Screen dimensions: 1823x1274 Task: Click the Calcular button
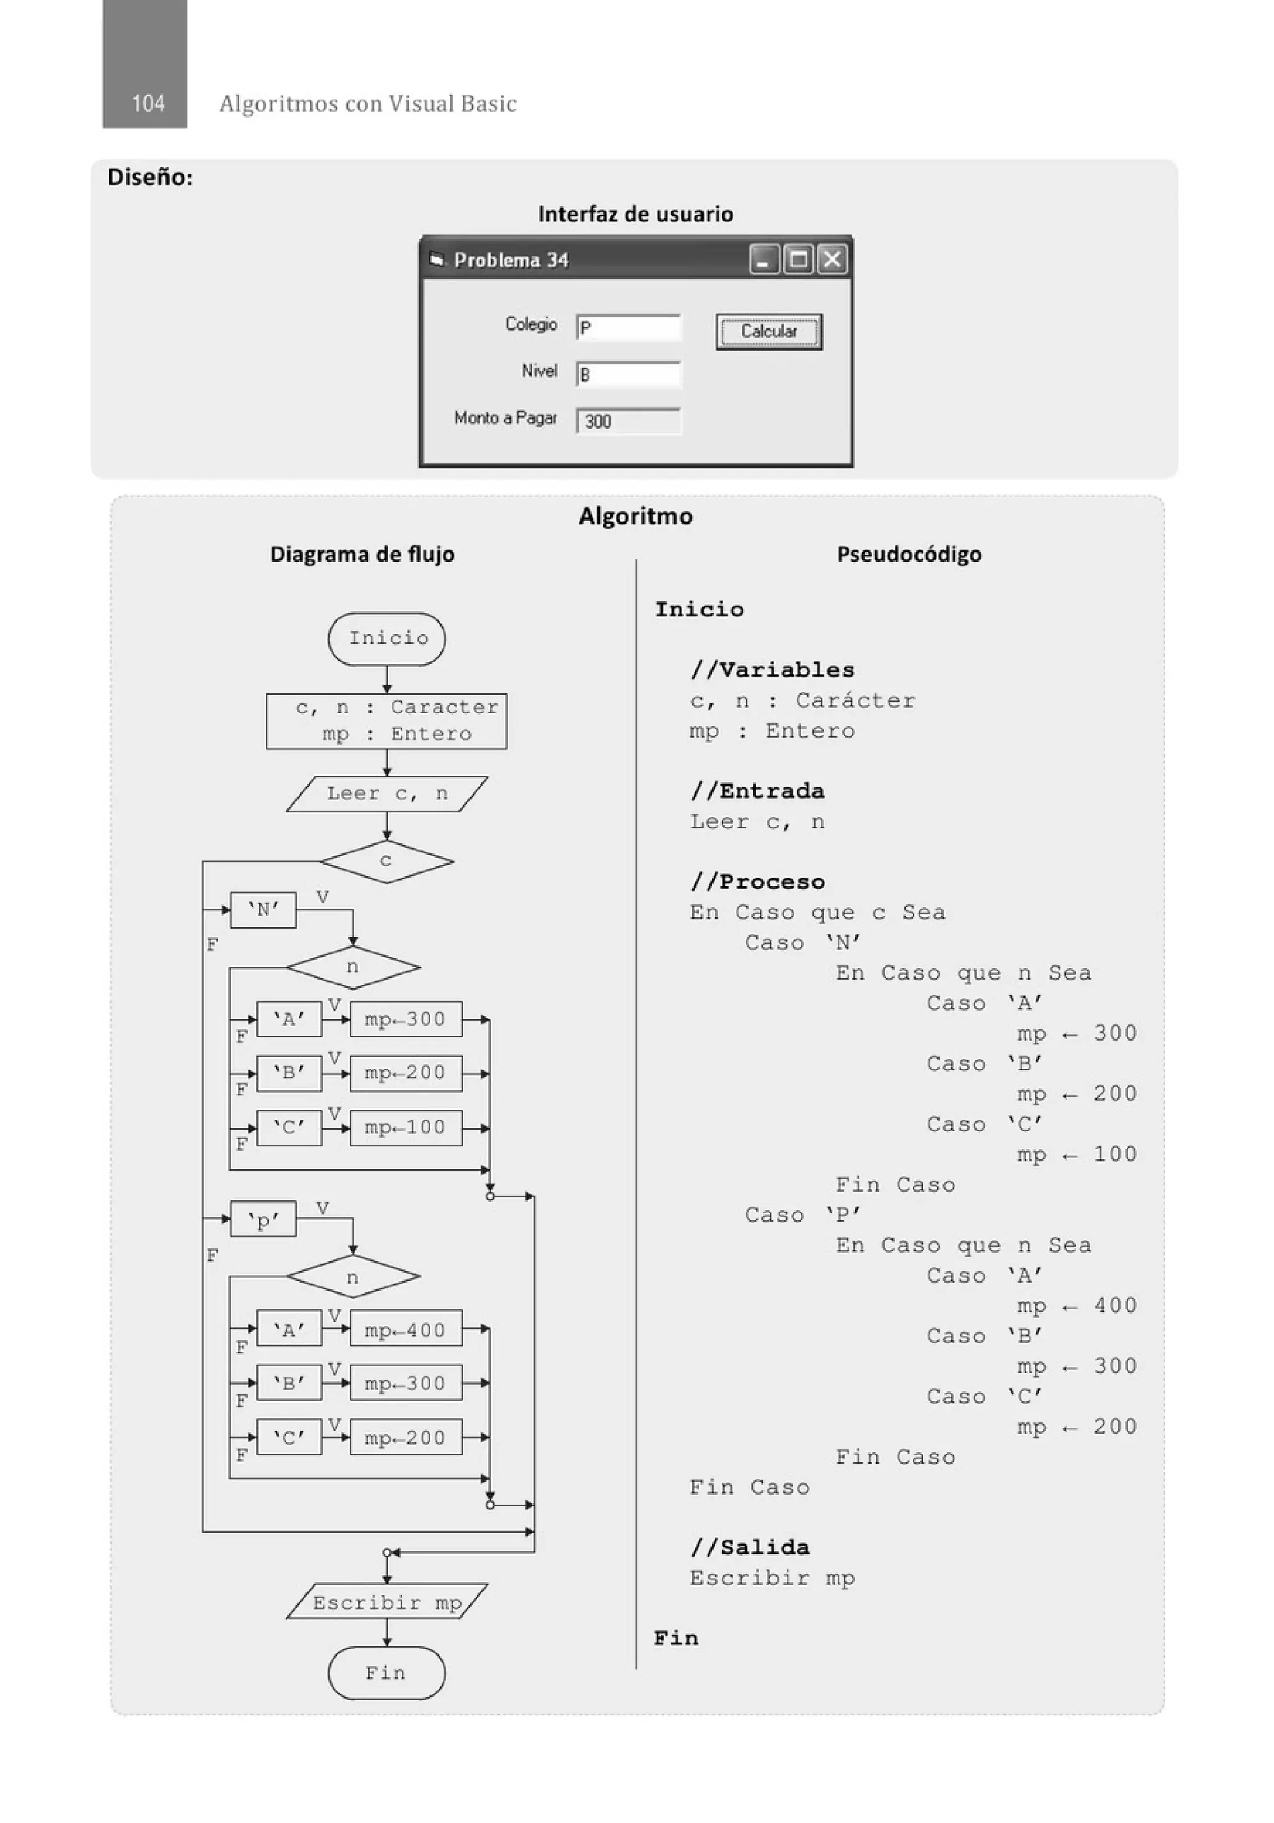pyautogui.click(x=768, y=332)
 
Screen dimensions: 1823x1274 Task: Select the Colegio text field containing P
pyautogui.click(x=628, y=328)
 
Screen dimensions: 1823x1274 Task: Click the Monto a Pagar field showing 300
pyautogui.click(x=628, y=422)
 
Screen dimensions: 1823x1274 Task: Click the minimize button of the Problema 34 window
pyautogui.click(x=763, y=259)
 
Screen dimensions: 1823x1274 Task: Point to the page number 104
pyautogui.click(x=147, y=103)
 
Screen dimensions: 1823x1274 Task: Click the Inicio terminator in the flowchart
pyautogui.click(x=387, y=638)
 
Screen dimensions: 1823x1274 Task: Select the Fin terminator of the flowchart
pyautogui.click(x=387, y=1673)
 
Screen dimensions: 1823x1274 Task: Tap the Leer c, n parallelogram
pyautogui.click(x=387, y=793)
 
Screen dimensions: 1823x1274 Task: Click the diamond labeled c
pyautogui.click(x=386, y=861)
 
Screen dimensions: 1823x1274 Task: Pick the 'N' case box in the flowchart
pyautogui.click(x=263, y=910)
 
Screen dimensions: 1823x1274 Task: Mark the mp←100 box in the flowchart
pyautogui.click(x=405, y=1128)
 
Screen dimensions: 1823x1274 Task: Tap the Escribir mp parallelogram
pyautogui.click(x=387, y=1602)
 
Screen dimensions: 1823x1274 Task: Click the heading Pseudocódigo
pyautogui.click(x=909, y=554)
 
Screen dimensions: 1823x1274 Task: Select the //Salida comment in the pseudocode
pyautogui.click(x=750, y=1547)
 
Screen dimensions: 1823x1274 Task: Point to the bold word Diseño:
pyautogui.click(x=150, y=177)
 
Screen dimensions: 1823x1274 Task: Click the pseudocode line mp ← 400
pyautogui.click(x=1076, y=1306)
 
